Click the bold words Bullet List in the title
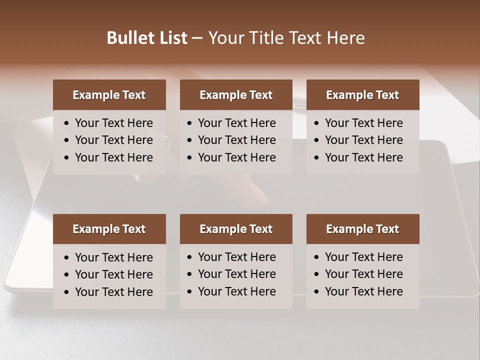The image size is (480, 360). point(147,37)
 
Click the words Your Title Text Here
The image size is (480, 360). point(286,37)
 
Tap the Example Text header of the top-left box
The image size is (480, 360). point(109,95)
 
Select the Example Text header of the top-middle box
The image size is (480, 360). point(236,95)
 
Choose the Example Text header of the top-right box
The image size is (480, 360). point(362,95)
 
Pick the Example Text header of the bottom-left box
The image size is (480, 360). point(109,229)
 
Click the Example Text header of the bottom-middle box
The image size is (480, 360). point(236,229)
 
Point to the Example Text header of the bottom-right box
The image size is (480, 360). point(362,229)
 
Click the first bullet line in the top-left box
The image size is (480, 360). point(113,123)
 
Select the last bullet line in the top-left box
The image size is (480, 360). point(113,157)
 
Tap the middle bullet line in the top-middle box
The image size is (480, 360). point(236,140)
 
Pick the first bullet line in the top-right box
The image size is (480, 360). point(363,123)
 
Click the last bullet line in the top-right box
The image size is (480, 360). point(363,157)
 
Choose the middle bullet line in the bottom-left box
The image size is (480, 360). point(113,274)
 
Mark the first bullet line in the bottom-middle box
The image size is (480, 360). point(236,257)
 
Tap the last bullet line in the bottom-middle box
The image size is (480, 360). point(236,291)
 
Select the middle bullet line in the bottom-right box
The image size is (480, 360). point(363,274)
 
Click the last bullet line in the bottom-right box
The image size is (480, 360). point(363,291)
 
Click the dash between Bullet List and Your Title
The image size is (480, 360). point(197,38)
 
